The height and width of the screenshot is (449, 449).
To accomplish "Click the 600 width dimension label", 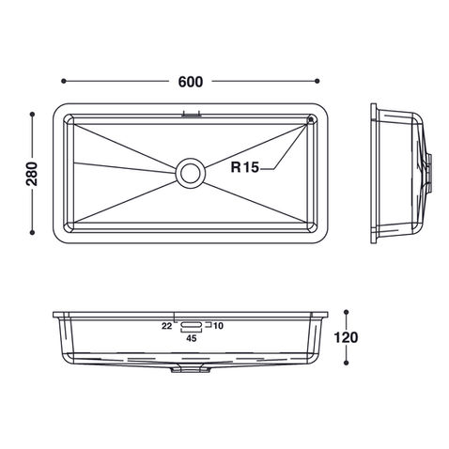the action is [191, 82].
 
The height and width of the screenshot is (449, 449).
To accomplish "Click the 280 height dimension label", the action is [32, 174].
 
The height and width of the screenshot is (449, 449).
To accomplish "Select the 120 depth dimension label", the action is [346, 337].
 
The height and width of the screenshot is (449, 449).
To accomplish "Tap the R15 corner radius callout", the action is [245, 167].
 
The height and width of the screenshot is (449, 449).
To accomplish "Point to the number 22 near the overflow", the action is [166, 326].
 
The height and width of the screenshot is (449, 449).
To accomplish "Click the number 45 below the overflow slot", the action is [192, 338].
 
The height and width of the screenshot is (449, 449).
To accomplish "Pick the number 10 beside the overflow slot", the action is [218, 326].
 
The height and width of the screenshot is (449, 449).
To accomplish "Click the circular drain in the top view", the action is [191, 173].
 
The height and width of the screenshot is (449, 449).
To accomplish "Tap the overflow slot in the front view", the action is [192, 325].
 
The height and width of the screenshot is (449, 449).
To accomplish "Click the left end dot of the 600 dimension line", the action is [64, 81].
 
